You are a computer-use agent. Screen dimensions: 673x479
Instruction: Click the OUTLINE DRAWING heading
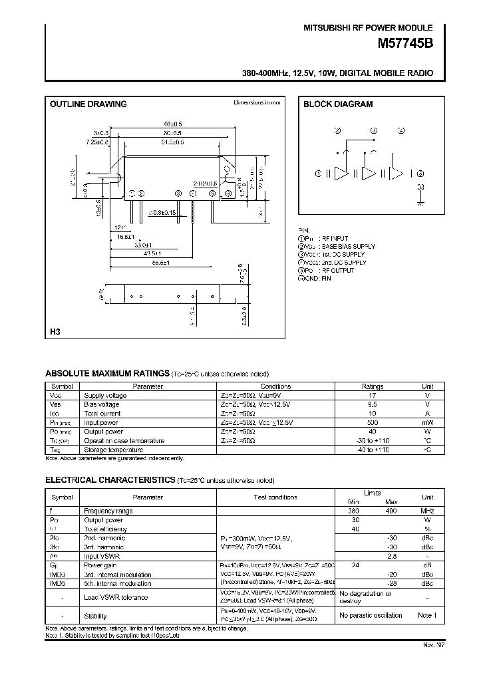[88, 104]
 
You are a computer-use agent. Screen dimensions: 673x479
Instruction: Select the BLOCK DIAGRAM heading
[338, 104]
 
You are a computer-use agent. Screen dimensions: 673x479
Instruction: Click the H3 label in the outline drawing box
[55, 331]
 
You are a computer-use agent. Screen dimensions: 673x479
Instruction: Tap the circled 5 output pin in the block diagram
[420, 174]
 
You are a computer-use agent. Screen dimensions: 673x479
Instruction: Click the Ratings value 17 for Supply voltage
[372, 395]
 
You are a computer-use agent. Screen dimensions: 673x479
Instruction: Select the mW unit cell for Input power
[427, 422]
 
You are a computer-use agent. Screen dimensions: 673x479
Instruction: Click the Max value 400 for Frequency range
[391, 511]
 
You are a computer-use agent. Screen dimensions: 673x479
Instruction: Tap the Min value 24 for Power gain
[355, 565]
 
